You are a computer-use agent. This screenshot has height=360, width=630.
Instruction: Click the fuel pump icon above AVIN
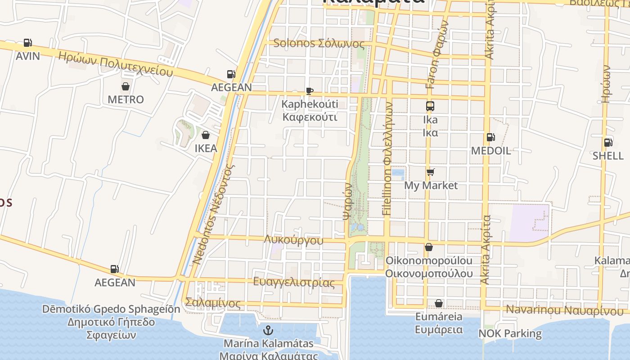click(28, 43)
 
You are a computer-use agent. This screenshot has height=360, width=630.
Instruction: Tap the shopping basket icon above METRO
click(126, 86)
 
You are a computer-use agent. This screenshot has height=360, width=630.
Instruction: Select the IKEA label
click(206, 148)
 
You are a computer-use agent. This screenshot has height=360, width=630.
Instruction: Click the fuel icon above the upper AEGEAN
click(231, 74)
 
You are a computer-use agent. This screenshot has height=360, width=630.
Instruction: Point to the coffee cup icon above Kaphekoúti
click(309, 91)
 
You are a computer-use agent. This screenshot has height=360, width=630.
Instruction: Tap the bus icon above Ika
click(430, 106)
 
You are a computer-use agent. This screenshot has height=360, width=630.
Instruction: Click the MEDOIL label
click(491, 151)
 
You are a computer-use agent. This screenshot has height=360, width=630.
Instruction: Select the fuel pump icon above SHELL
click(608, 143)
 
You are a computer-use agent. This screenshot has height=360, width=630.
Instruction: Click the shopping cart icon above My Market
click(431, 172)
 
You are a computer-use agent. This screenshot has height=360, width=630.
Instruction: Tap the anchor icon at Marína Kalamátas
click(268, 330)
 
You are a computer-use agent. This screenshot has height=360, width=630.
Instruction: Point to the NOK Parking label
click(510, 333)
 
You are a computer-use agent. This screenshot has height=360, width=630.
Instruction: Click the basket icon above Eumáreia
click(439, 303)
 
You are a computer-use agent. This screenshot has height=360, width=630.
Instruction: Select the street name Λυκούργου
click(294, 240)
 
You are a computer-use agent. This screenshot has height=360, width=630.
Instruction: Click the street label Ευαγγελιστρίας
click(294, 283)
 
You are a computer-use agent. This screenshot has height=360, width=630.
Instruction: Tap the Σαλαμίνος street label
click(213, 303)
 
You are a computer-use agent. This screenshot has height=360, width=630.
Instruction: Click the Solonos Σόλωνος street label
click(319, 44)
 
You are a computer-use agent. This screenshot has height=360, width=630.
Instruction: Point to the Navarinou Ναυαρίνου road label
click(565, 310)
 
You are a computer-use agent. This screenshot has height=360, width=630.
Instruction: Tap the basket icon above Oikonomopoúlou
click(429, 247)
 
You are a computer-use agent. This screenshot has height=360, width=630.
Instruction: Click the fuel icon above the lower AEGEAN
click(115, 269)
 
